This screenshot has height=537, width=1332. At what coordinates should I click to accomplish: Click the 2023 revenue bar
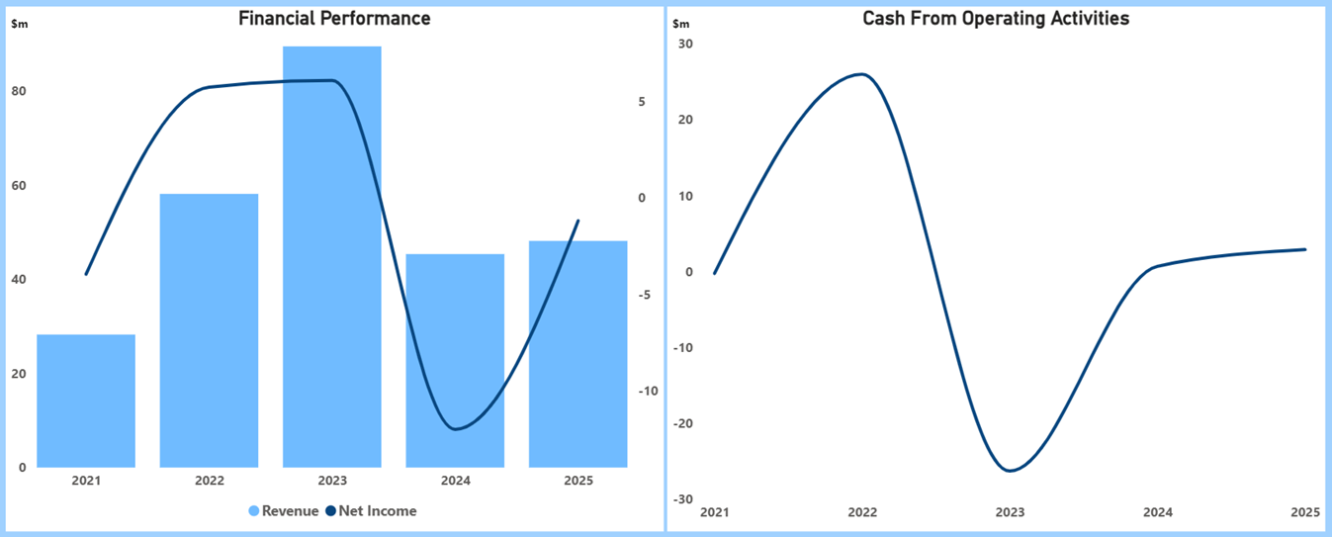332,257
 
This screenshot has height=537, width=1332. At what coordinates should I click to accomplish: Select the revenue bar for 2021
86,401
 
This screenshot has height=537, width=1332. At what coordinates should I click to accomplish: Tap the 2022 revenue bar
209,330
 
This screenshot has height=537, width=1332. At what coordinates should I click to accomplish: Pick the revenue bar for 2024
455,361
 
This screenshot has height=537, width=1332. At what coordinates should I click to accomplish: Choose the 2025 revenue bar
578,354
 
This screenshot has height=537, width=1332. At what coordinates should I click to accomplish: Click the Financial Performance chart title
334,18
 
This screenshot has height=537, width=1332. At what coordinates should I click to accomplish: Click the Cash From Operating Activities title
996,18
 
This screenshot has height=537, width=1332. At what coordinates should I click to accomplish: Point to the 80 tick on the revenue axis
19,91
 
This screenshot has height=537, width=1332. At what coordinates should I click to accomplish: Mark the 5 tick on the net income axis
642,102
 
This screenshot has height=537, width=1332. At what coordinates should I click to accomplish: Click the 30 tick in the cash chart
685,44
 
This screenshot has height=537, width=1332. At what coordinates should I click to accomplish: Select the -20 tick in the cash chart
682,423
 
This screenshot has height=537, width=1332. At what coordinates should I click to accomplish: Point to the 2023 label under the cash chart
1010,512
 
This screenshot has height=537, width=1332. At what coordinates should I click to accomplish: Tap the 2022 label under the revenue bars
209,482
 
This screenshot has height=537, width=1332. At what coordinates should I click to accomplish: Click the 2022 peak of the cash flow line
862,74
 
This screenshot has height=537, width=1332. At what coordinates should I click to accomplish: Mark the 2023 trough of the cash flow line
1010,471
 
